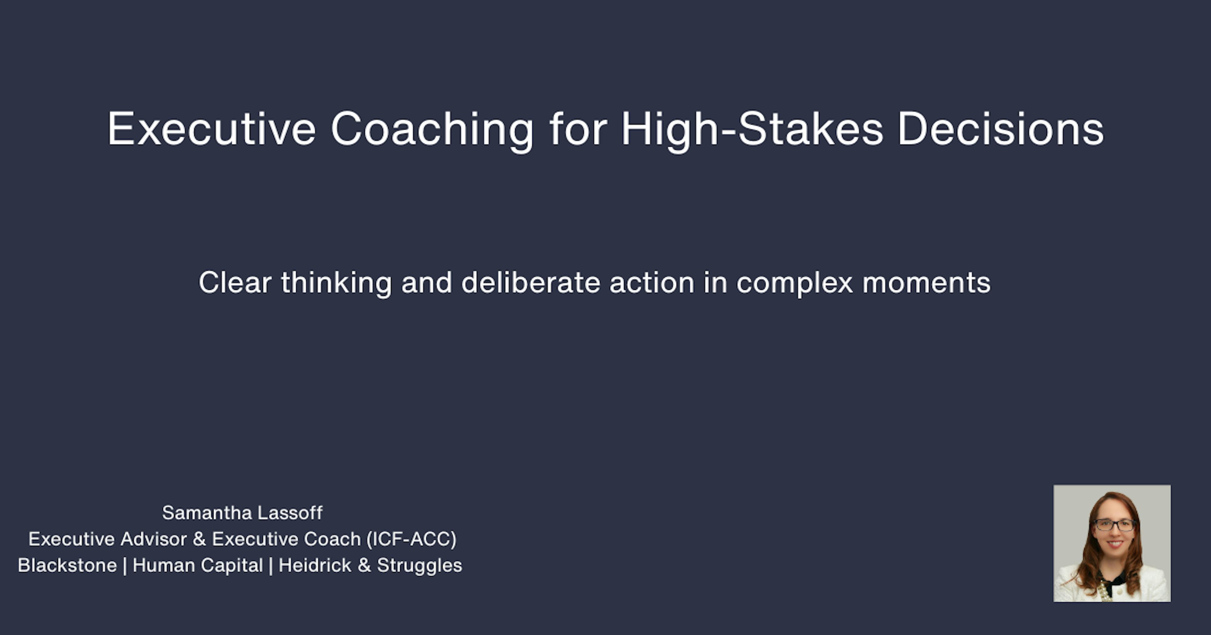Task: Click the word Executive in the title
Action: (212, 129)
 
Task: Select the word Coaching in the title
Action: (432, 129)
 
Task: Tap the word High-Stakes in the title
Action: (752, 129)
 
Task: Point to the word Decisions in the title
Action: (1000, 129)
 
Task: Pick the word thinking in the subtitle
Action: (336, 283)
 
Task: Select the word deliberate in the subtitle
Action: (530, 283)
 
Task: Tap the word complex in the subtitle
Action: (794, 283)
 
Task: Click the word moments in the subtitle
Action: (926, 283)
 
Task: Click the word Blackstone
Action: (67, 565)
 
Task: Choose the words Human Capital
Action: (197, 565)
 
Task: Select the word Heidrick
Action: (315, 565)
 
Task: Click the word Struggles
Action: (419, 565)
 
